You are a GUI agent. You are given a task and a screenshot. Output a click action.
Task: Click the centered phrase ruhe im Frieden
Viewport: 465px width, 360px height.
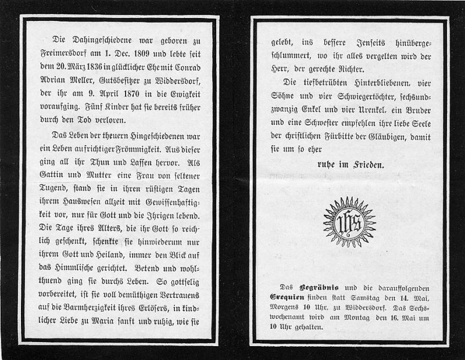click(x=349, y=165)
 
